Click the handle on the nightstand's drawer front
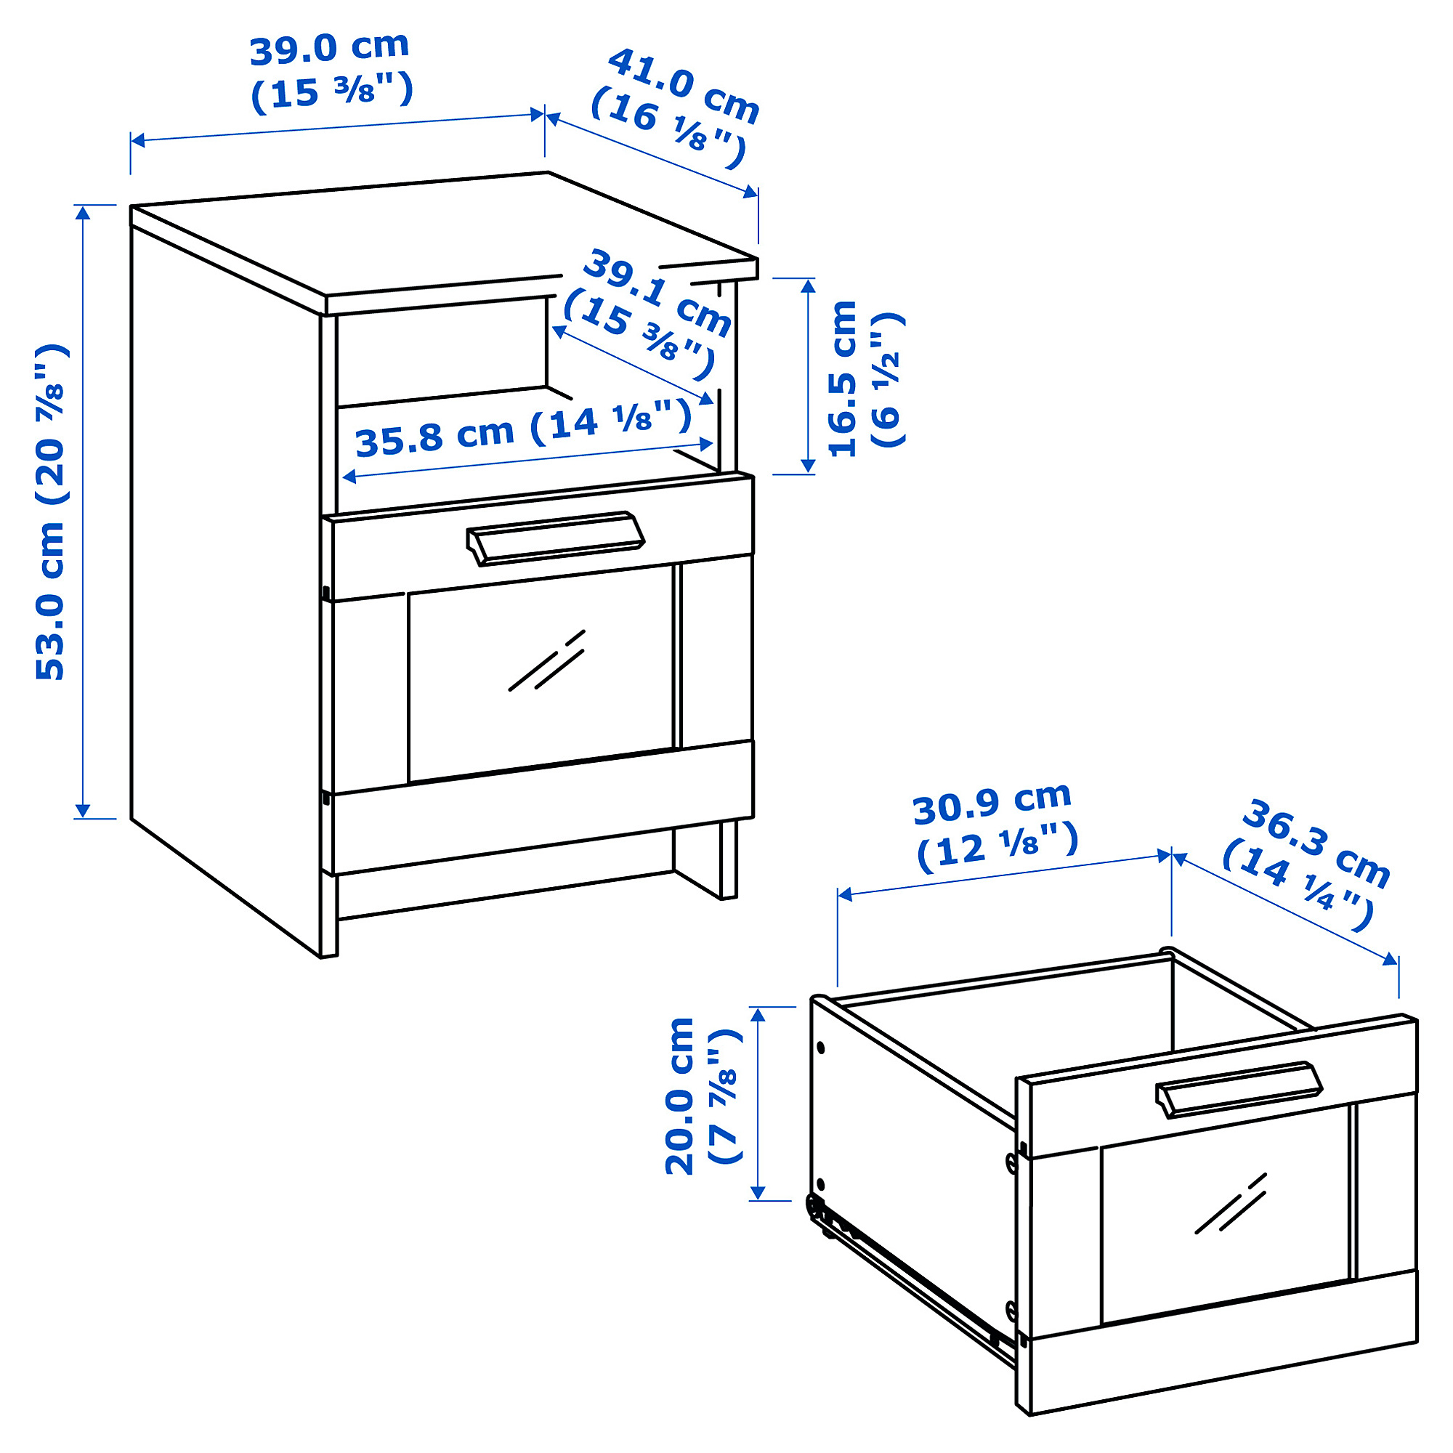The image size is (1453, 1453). pos(556,537)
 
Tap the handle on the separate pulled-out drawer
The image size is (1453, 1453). pos(1239,1088)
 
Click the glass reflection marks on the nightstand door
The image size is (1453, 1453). pos(547,660)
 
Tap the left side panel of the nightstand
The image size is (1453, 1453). pos(226,579)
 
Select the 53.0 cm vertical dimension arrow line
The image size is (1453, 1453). pos(83,511)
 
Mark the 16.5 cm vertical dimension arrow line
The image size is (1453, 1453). pos(808,376)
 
